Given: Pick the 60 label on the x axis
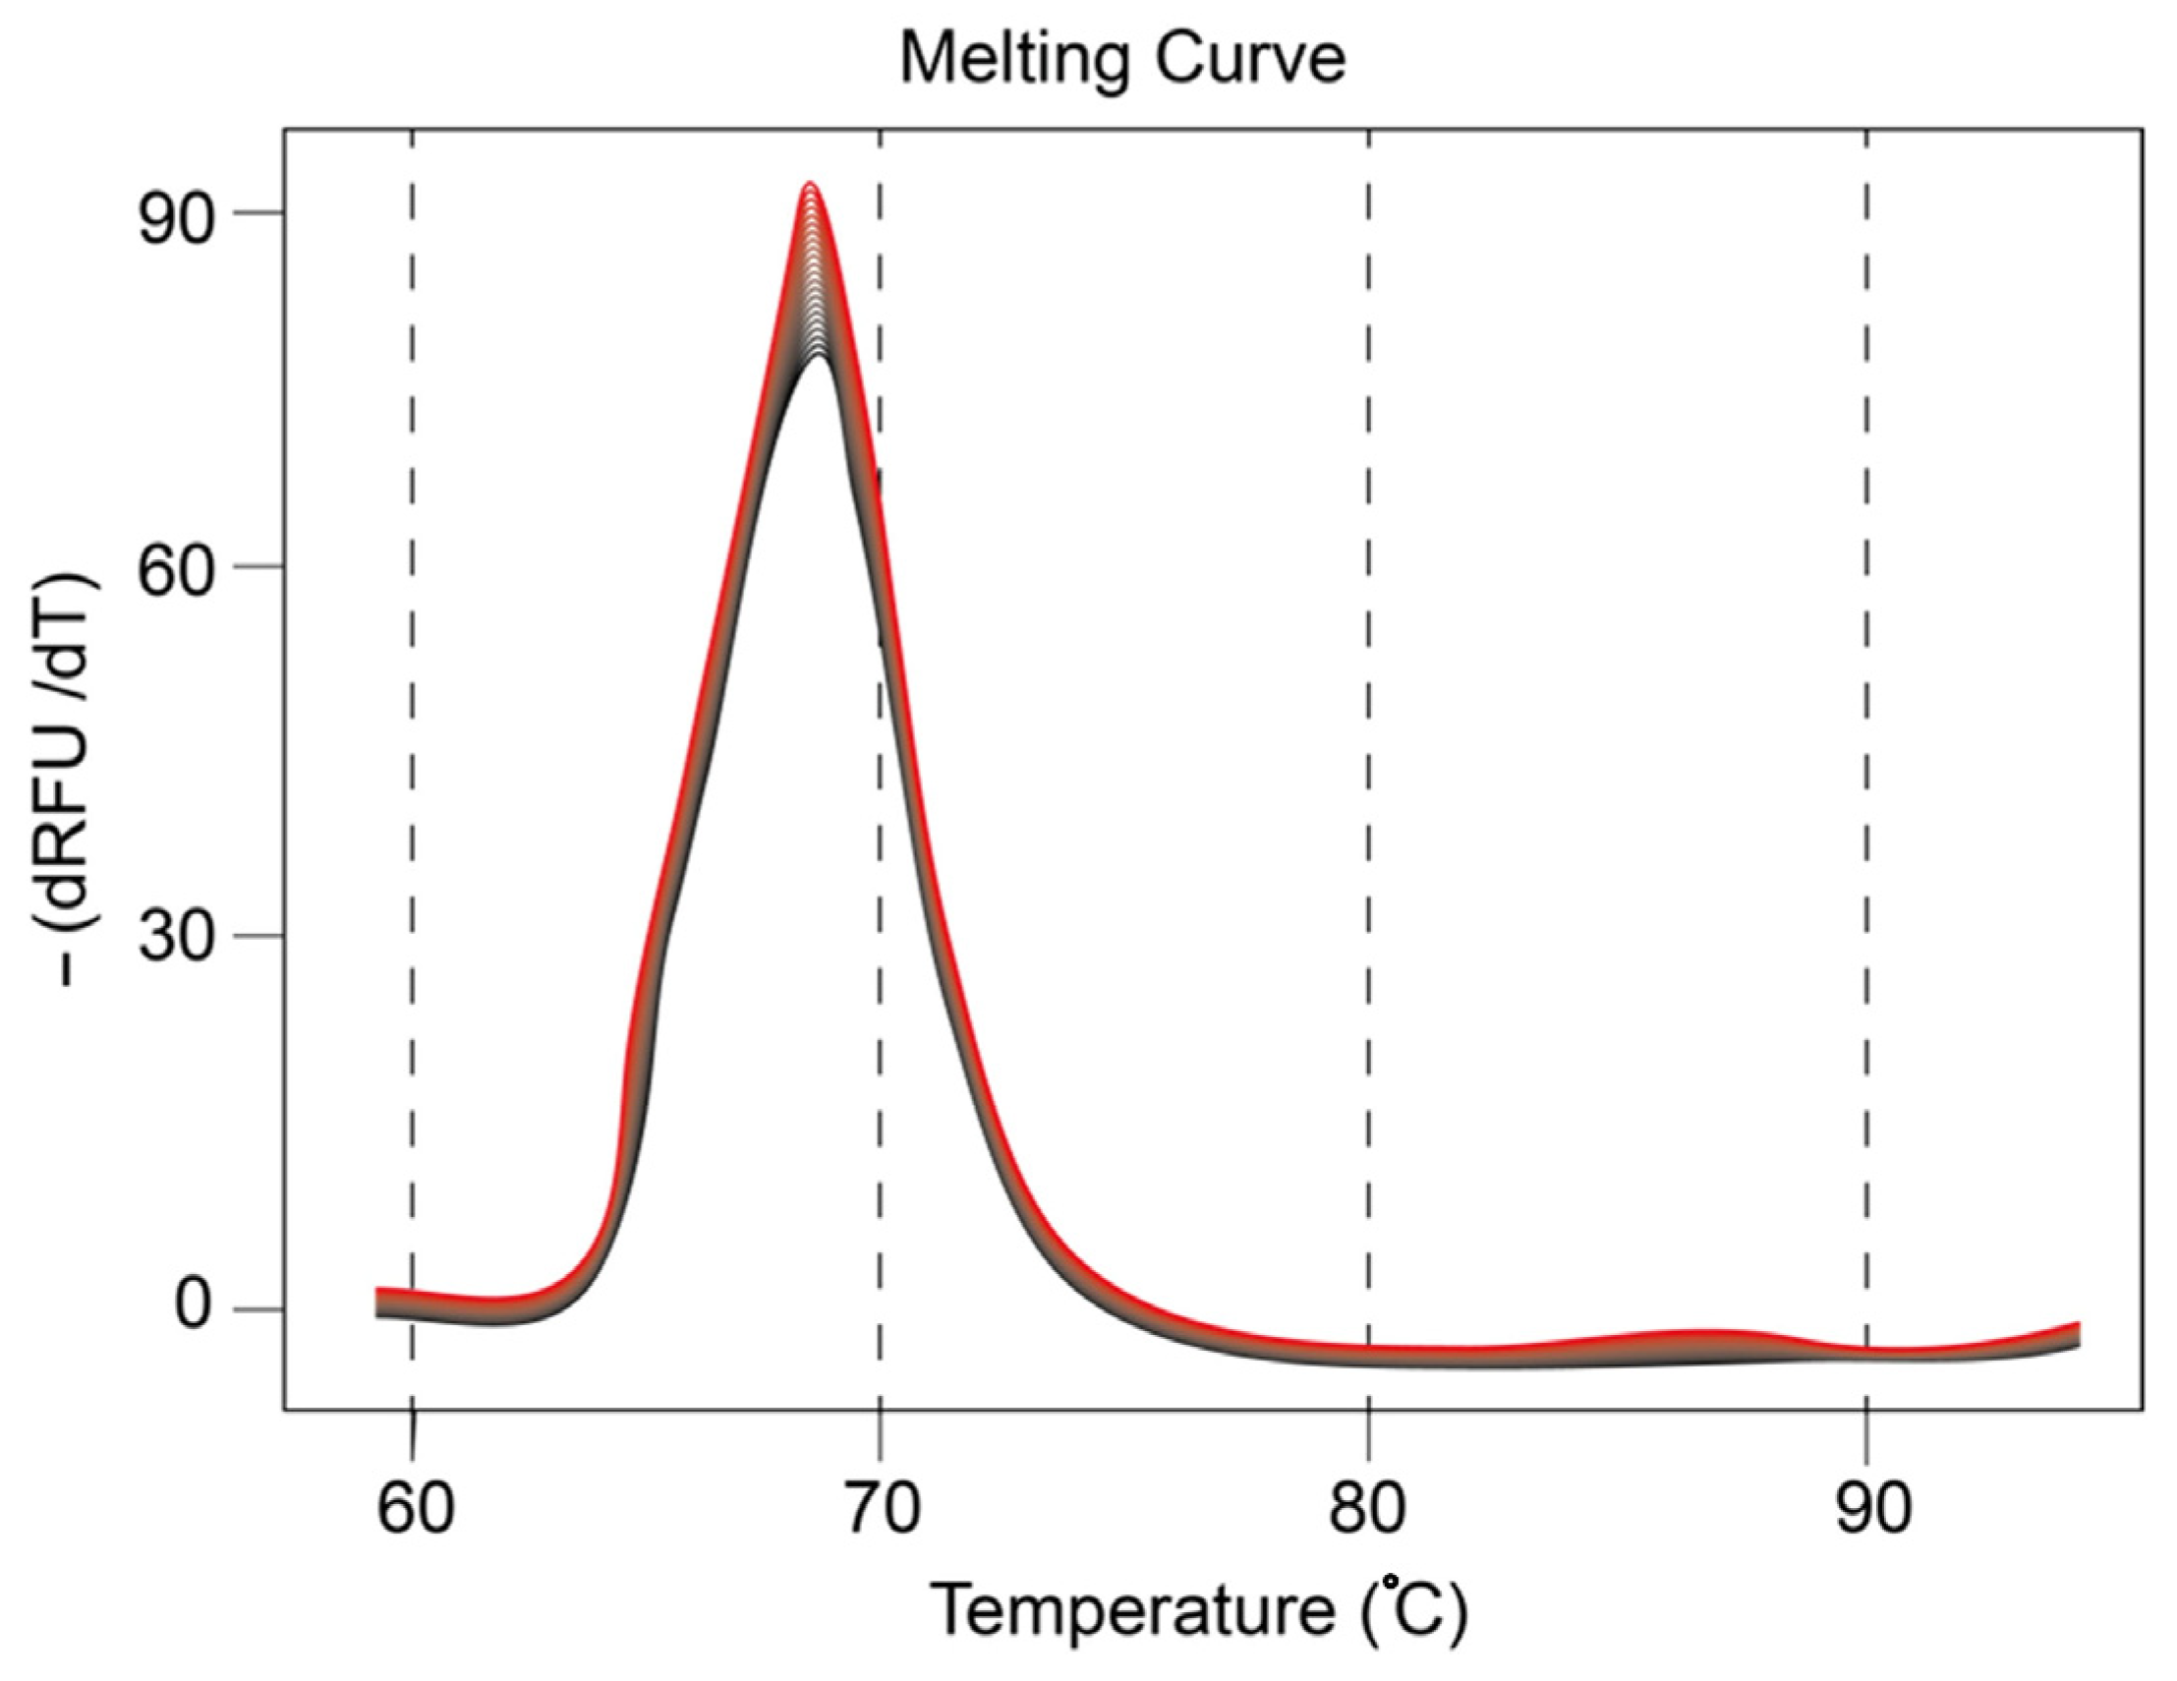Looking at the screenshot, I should [x=414, y=1509].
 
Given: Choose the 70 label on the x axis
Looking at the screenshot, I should [x=881, y=1509].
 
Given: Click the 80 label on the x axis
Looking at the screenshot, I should [x=1366, y=1509].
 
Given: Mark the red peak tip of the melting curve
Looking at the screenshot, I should [x=812, y=186].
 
